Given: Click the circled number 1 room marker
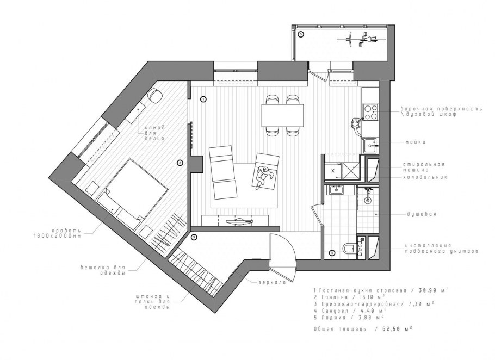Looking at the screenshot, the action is click(203, 100).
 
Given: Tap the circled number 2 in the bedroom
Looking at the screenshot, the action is click(180, 163).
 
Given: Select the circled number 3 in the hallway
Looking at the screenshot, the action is click(194, 237).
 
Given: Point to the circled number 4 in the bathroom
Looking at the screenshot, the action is click(332, 253).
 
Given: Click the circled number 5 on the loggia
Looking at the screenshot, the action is click(300, 34).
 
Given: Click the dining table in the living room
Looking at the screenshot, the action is click(282, 115).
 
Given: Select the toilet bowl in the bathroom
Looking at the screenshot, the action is click(349, 249).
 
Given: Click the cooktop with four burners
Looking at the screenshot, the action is click(370, 113).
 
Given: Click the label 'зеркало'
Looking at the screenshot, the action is click(272, 282).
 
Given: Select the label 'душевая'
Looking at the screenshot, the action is click(421, 214).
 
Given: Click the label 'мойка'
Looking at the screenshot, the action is click(416, 142).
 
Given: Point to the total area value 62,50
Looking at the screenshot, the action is click(393, 329).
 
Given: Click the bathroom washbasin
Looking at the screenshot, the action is click(336, 190).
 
